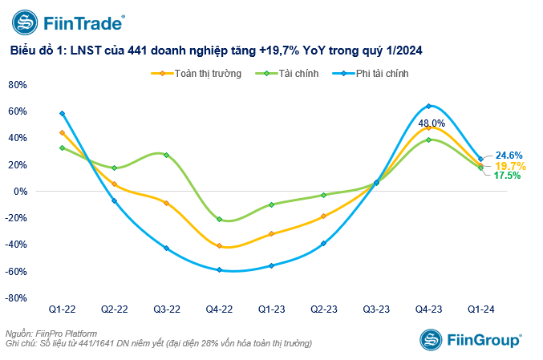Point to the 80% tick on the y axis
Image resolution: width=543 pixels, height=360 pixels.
[18, 84]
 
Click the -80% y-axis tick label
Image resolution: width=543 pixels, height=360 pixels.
[17, 298]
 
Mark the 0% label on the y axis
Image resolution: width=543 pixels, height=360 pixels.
[21, 192]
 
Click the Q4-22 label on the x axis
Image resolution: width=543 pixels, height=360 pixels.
[218, 308]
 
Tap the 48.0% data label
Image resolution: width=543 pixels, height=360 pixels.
[430, 123]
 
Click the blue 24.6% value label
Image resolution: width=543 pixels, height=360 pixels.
[509, 155]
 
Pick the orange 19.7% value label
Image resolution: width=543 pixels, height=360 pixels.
[509, 165]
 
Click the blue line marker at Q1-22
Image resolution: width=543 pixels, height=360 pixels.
[62, 114]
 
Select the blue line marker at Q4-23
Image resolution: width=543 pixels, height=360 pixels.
[428, 106]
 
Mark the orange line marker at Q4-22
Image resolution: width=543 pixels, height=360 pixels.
[219, 245]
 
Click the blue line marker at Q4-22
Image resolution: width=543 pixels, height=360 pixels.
[219, 269]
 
